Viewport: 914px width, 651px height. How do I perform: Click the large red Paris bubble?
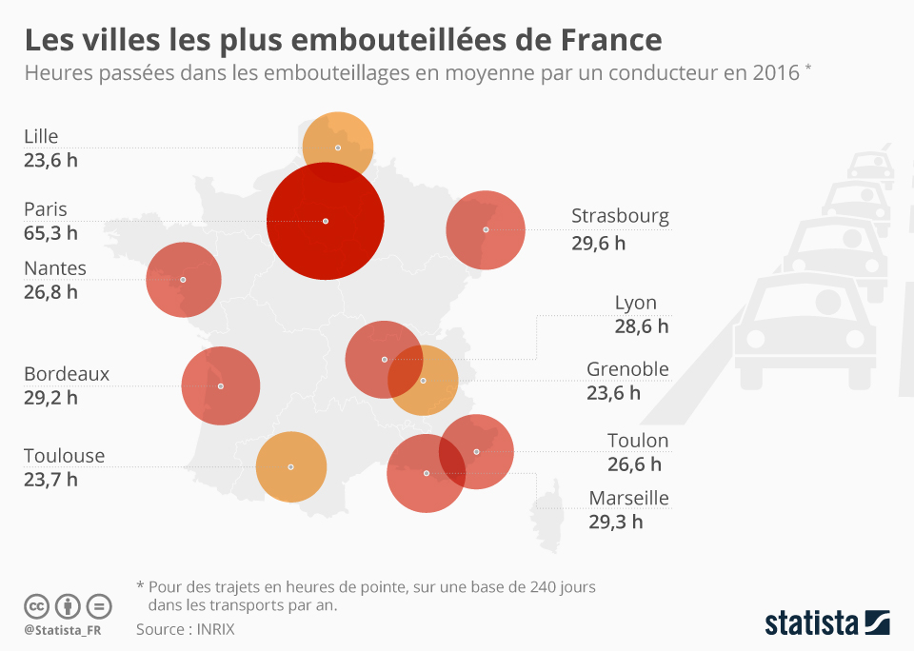click(326, 221)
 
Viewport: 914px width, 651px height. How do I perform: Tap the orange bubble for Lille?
click(337, 147)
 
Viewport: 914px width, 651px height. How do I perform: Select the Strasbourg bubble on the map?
click(486, 229)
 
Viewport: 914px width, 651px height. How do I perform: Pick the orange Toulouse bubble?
click(291, 466)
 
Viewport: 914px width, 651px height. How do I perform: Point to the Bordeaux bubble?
click(220, 385)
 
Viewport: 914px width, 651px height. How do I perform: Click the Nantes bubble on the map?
click(183, 280)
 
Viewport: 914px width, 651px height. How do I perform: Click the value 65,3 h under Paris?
click(51, 232)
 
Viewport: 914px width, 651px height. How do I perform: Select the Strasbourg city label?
click(620, 216)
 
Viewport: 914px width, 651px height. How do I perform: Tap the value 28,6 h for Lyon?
click(642, 326)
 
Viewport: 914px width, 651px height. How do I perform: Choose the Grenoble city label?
click(627, 369)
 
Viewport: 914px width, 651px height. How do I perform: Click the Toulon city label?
click(638, 441)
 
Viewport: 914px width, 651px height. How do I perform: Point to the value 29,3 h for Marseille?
click(615, 522)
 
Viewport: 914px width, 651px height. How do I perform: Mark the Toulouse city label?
click(64, 456)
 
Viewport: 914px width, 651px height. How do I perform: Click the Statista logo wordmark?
click(812, 623)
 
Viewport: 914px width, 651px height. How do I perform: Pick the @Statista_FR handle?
click(63, 630)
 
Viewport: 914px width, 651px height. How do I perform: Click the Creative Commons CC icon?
click(36, 606)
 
